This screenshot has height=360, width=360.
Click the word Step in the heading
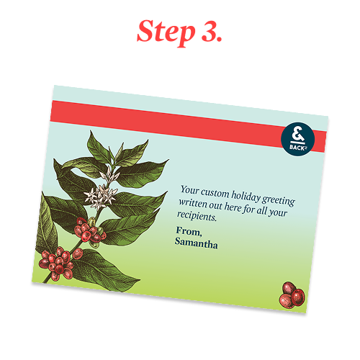(x=166, y=32)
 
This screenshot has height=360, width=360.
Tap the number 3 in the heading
(x=209, y=31)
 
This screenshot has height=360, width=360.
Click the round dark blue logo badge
(x=297, y=140)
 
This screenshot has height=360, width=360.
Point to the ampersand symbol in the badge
(x=297, y=135)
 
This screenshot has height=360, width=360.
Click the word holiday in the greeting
(x=246, y=197)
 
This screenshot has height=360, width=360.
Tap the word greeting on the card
(x=279, y=201)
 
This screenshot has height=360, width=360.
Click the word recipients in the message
(x=197, y=215)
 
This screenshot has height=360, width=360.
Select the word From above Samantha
(x=189, y=231)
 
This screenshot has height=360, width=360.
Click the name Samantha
(x=196, y=243)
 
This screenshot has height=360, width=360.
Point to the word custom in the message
(x=215, y=193)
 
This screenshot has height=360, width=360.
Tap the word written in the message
(x=193, y=204)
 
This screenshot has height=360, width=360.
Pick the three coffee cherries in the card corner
(x=292, y=295)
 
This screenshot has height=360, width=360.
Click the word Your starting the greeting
(x=189, y=190)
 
